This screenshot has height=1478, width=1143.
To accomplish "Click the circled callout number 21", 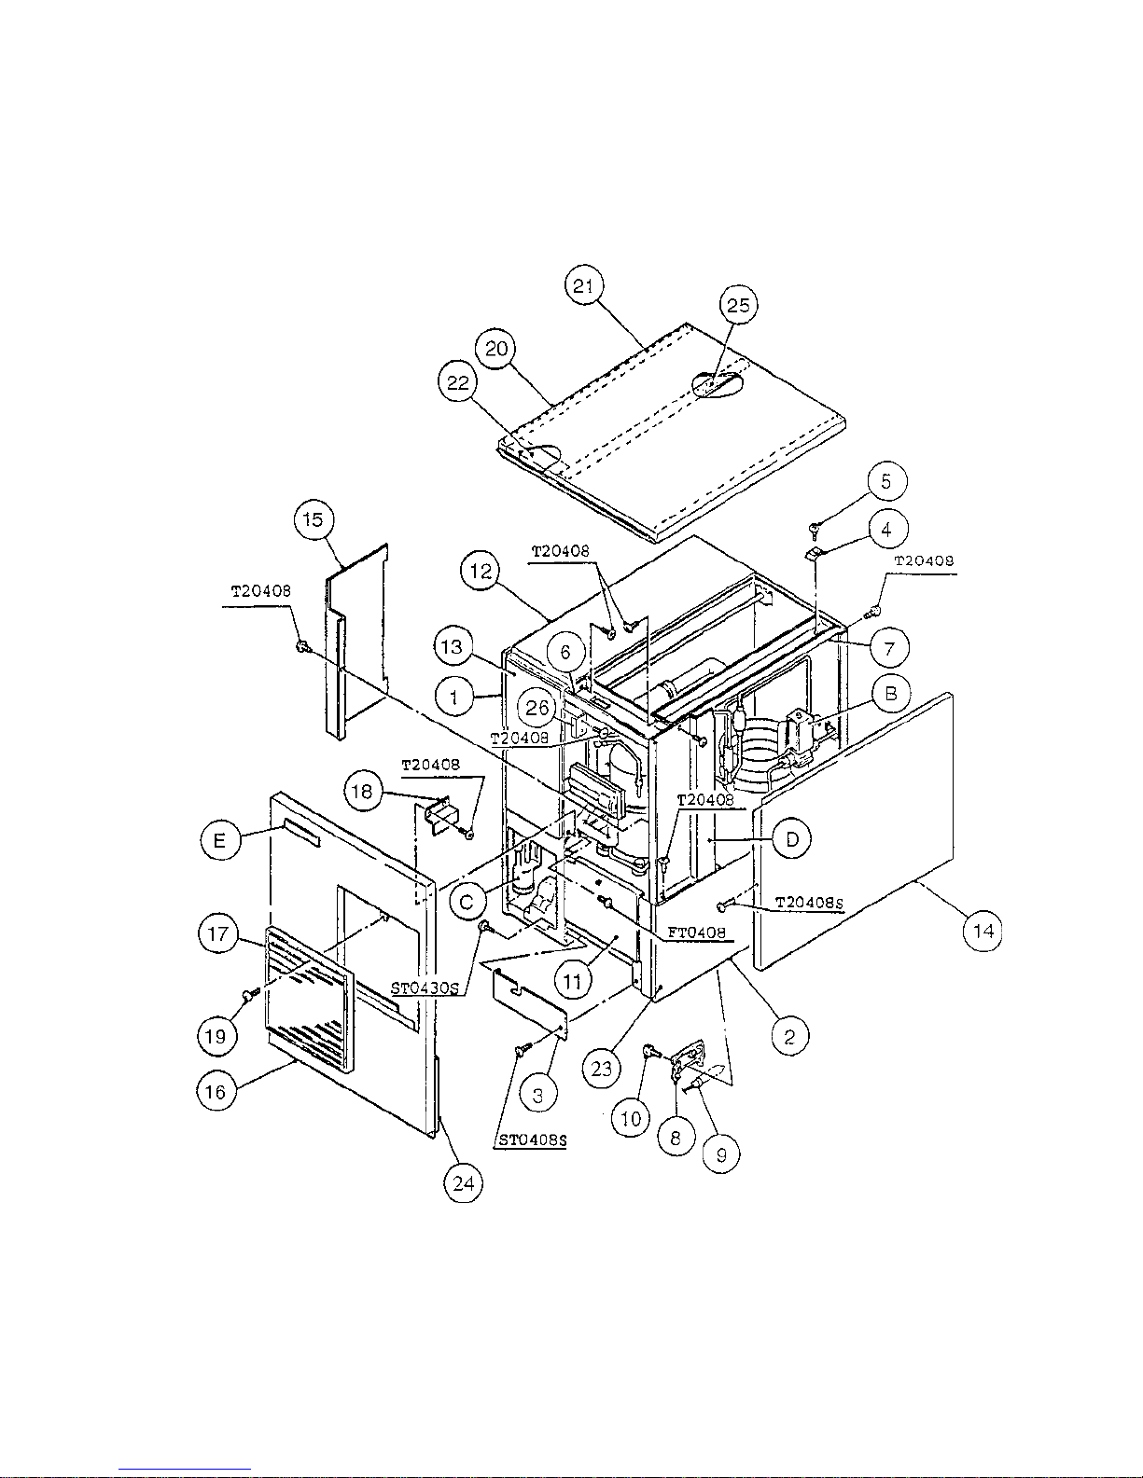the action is [584, 285].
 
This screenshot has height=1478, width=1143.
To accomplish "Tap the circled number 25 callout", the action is [738, 305].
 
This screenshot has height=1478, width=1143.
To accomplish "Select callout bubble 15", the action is [313, 519].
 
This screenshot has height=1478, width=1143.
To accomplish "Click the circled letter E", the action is [220, 841].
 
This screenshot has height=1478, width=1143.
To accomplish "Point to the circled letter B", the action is [890, 694].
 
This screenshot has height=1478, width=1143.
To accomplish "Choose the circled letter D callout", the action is [792, 840].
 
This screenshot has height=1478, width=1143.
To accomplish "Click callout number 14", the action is [983, 932].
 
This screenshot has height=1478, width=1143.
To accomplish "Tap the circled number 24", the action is [464, 1183].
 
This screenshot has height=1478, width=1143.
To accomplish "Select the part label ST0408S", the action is [532, 1140].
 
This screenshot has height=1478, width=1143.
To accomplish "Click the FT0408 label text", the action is [696, 932].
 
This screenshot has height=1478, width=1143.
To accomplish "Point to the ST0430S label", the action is [425, 988].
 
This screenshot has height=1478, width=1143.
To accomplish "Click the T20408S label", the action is [810, 903].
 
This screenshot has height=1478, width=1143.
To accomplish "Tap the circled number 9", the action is [721, 1154].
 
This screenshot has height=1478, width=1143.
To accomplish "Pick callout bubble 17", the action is [217, 933].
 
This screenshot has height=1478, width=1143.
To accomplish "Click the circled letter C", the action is [467, 903].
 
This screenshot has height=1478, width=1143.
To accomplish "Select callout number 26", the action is [537, 708].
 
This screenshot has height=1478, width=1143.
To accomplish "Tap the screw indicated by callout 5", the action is [814, 527].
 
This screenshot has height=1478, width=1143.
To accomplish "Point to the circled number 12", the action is [481, 572].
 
